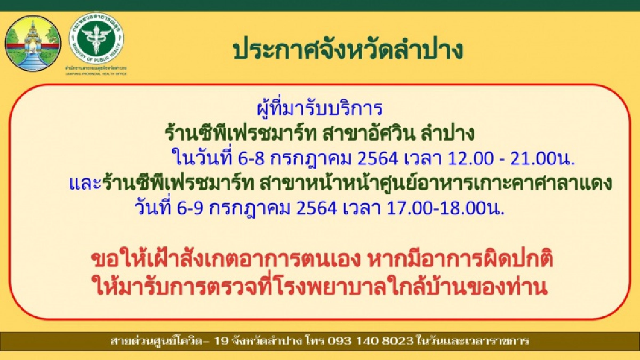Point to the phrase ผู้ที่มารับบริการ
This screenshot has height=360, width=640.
tap(319, 108)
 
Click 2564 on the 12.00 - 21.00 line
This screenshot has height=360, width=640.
tap(372, 158)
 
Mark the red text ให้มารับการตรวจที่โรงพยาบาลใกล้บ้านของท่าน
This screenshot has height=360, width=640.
tap(319, 288)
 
